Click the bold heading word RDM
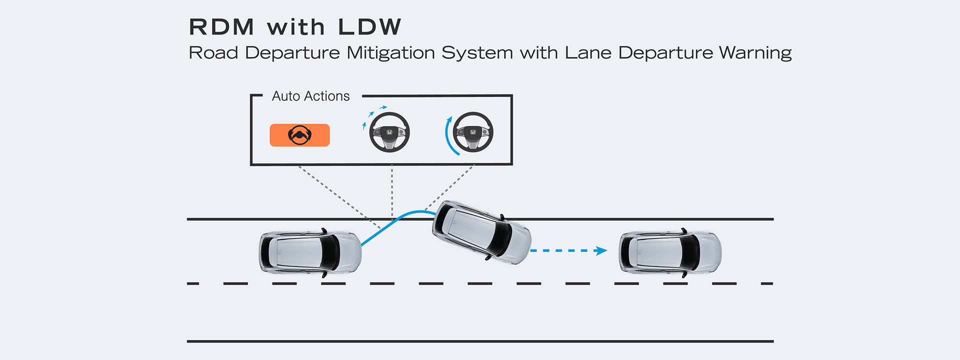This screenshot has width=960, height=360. click(x=221, y=27)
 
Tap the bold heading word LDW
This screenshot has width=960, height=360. click(x=369, y=27)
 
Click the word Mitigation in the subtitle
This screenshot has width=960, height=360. click(x=390, y=53)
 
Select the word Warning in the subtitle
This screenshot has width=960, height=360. click(x=755, y=53)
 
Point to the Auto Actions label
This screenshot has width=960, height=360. click(x=310, y=96)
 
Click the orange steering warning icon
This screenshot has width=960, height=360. click(x=299, y=135)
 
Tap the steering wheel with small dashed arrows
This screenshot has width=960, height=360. click(x=389, y=132)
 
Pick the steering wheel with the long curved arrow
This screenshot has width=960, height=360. click(x=473, y=132)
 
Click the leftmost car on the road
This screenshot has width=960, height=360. click(x=310, y=252)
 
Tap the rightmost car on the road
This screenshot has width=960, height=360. click(x=670, y=252)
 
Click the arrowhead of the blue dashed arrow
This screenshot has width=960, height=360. click(x=601, y=250)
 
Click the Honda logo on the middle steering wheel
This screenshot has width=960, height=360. click(x=389, y=132)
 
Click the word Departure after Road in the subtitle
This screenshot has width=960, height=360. click(x=292, y=53)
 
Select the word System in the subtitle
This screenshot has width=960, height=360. click(x=477, y=53)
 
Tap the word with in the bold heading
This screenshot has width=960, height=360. click(x=296, y=27)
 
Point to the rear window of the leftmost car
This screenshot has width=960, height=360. click(x=268, y=252)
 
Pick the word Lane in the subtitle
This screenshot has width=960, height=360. click(x=588, y=53)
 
